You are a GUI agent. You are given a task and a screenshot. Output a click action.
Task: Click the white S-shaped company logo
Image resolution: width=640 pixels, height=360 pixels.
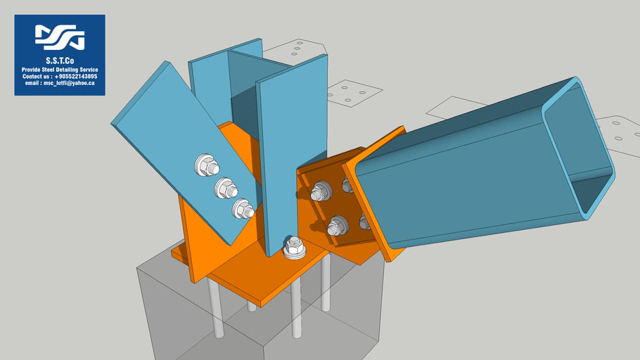pos(60,37)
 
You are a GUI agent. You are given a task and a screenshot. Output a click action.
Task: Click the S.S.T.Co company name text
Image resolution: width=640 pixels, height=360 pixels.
pos(60,60)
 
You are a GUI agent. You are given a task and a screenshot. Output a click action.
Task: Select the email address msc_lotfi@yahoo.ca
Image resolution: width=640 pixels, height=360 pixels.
pos(60,83)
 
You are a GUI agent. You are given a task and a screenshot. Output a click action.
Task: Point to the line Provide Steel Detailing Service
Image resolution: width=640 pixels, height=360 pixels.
pos(60,70)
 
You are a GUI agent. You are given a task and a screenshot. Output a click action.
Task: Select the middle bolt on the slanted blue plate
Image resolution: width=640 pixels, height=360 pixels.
pos(226,188)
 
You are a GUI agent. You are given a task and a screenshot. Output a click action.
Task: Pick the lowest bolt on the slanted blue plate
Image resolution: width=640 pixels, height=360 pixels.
pos(243,209)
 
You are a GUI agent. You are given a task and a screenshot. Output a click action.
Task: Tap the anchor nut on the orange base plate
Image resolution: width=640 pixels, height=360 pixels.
pos(294,247)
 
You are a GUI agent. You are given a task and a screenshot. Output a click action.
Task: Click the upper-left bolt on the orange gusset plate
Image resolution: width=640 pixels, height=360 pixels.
pos(321,191)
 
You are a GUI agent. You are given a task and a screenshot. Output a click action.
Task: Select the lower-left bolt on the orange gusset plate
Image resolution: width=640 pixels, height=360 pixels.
pos(338,226)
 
